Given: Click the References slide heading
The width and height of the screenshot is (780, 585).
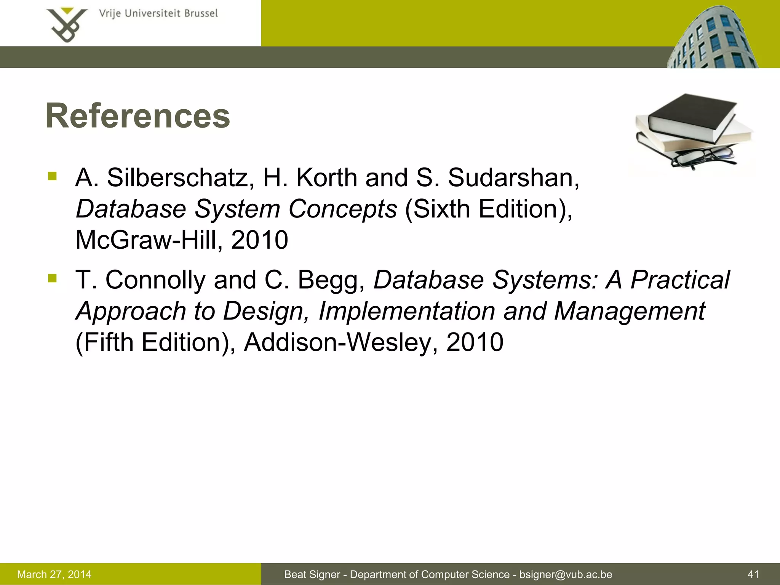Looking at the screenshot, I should point(137,116).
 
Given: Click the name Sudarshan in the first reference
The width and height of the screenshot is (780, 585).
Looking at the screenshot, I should point(513,178).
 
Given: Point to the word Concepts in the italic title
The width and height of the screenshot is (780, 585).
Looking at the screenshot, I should point(342,209).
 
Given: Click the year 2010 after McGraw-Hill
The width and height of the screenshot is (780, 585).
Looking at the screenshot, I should point(259,240).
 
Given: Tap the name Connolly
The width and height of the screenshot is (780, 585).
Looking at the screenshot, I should point(155,280).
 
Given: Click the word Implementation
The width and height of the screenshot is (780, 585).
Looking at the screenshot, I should point(406,311).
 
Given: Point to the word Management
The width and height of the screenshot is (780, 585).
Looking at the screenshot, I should point(629,311).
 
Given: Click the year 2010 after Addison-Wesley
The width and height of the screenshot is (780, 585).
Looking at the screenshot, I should point(475,342).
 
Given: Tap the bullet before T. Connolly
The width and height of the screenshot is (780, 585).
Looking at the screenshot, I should point(52,278).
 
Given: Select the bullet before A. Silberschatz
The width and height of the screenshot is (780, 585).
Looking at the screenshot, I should point(52,176).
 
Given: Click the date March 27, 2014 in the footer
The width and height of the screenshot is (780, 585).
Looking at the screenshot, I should point(54,574).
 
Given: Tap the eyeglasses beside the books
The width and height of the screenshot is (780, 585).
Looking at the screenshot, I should point(703,157).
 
